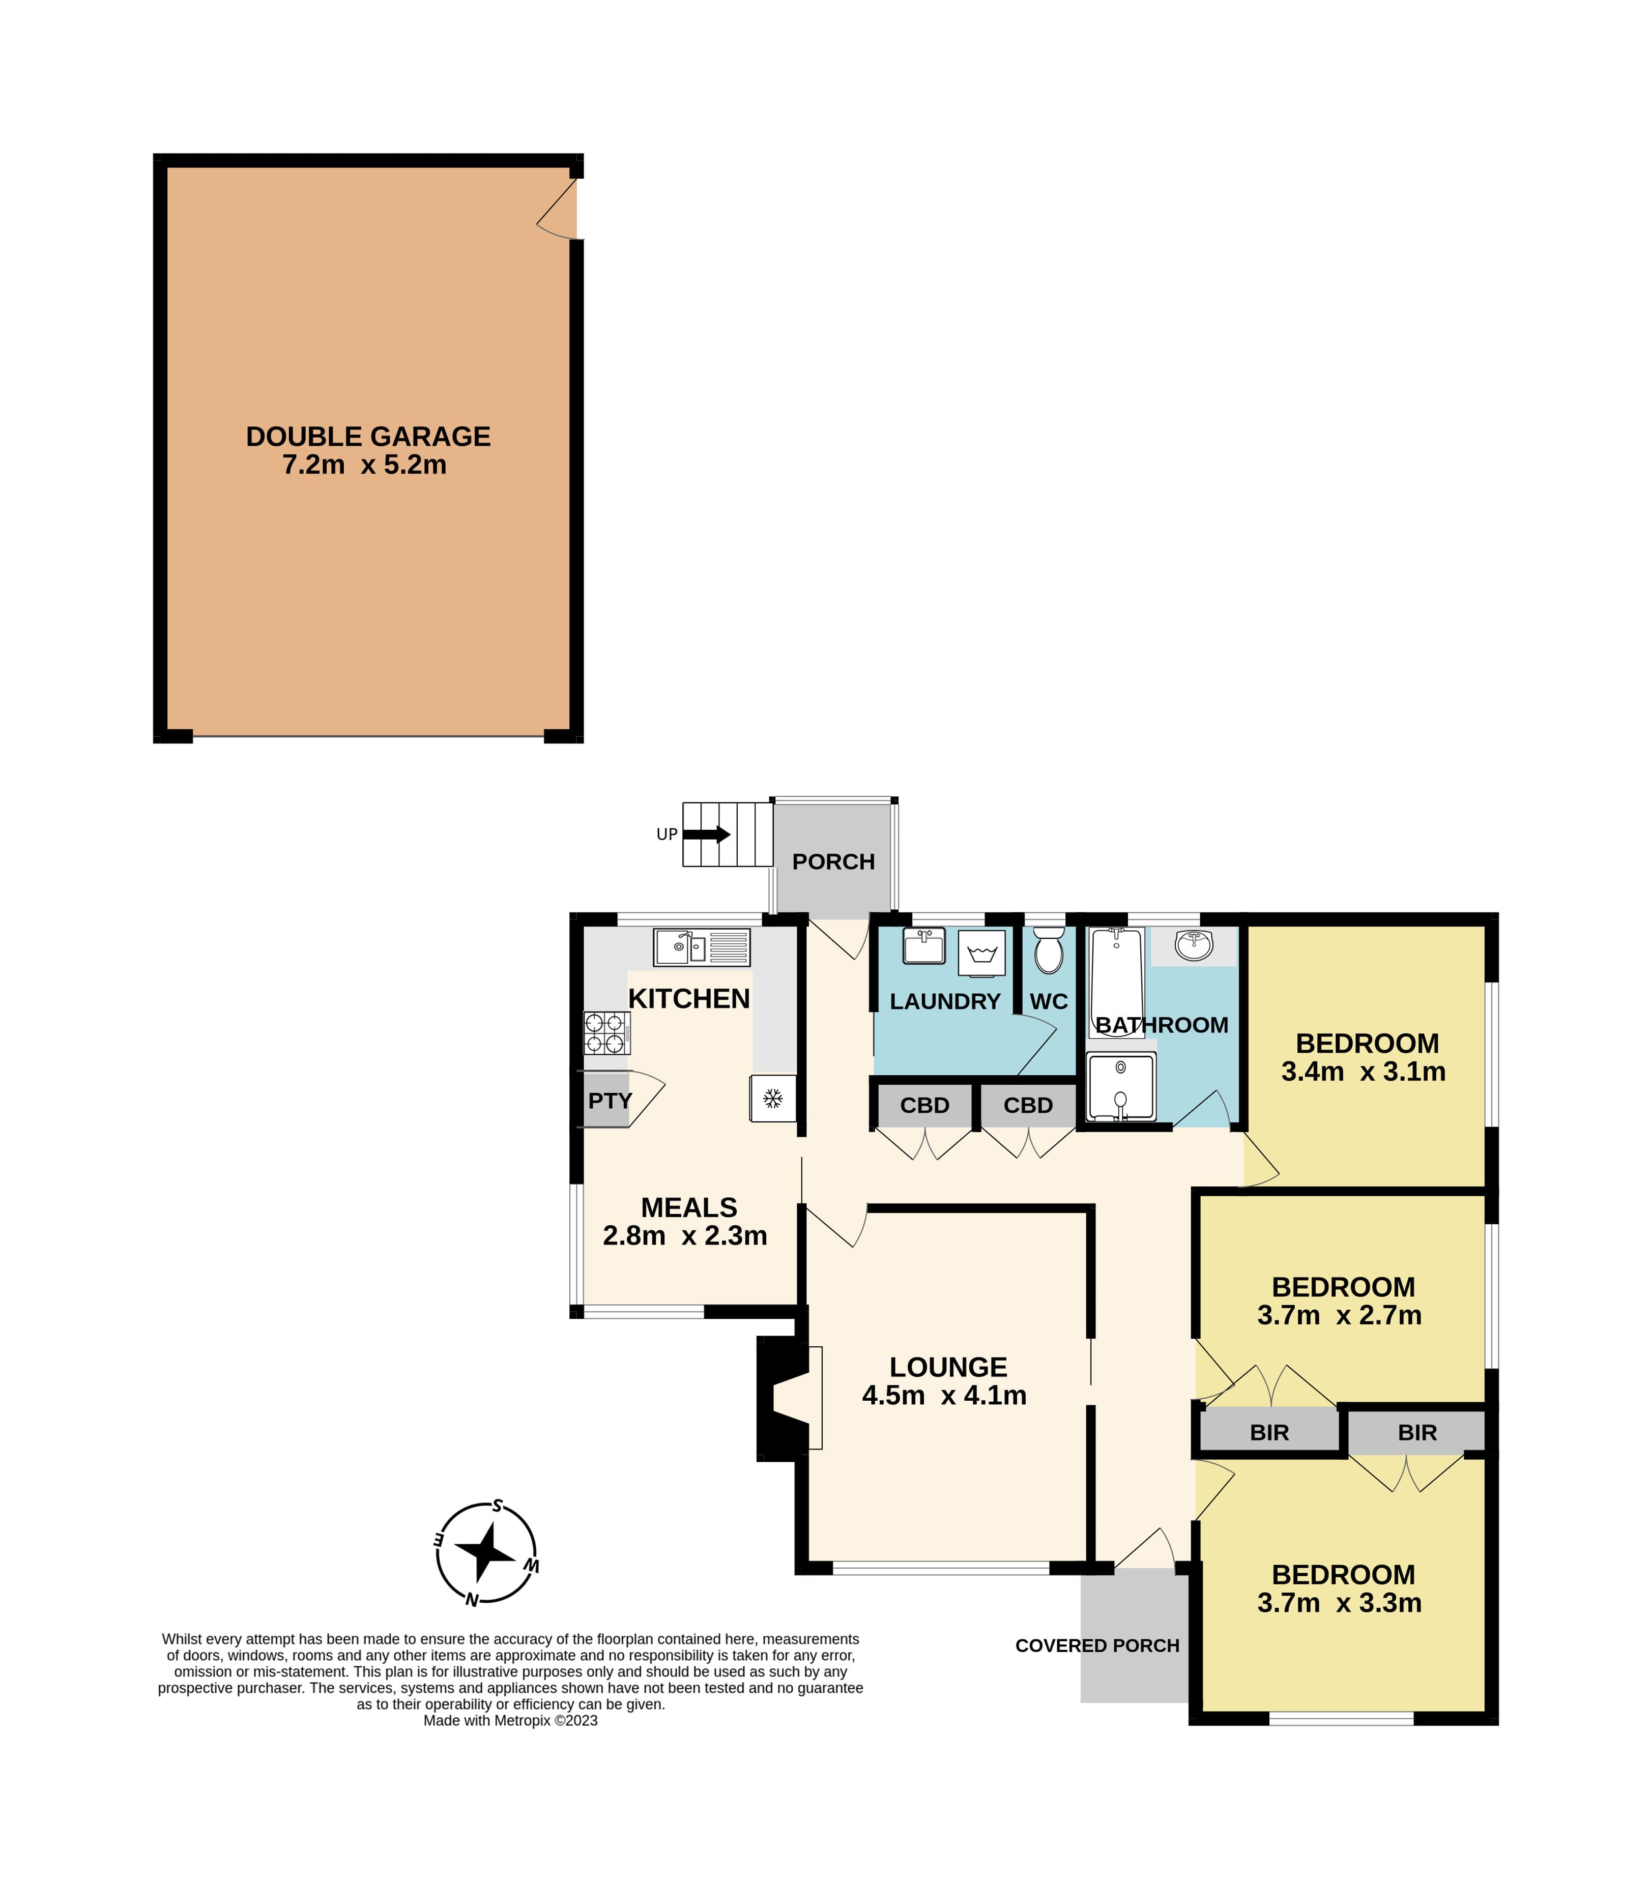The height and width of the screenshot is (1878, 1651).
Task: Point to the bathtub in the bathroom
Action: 1116,982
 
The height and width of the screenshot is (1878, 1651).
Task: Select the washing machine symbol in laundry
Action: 982,954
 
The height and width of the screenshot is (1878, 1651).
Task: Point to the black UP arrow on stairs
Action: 707,834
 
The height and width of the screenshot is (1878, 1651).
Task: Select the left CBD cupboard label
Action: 924,1105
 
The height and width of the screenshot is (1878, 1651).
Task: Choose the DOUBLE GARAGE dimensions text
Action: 365,465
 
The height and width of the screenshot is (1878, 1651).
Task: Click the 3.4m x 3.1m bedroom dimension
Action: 1364,1072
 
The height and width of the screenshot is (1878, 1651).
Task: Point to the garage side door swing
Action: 557,209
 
